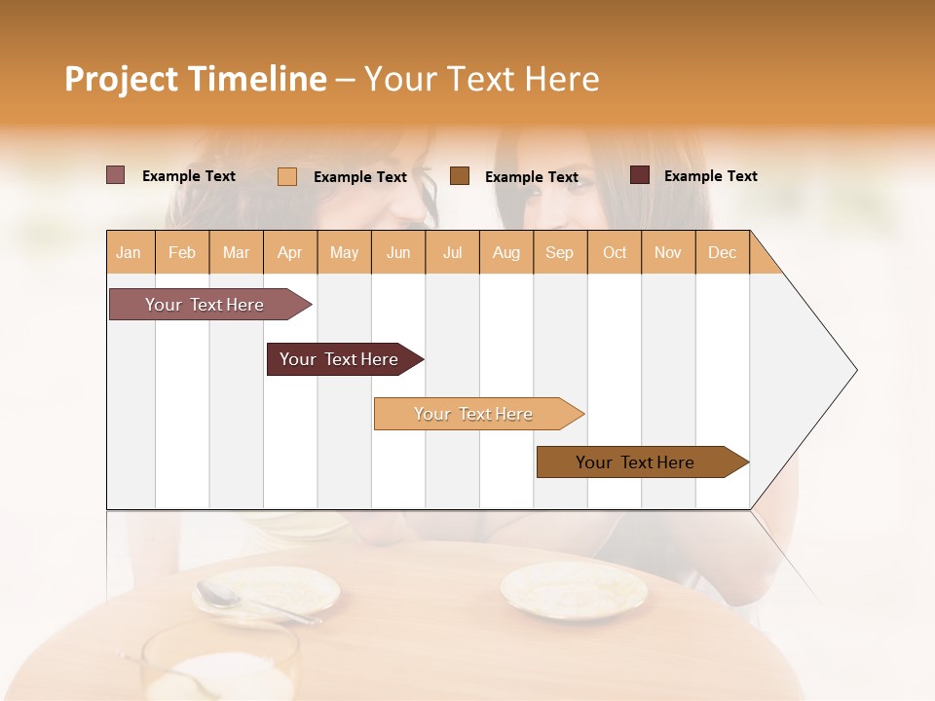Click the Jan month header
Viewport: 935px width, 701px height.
coord(130,252)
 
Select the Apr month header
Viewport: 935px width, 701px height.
coord(290,252)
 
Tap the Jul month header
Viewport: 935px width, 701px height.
coord(452,252)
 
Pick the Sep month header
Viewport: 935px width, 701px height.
coord(559,252)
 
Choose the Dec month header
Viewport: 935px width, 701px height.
coord(722,252)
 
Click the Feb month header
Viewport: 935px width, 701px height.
coord(182,252)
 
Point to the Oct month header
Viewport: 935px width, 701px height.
coord(615,252)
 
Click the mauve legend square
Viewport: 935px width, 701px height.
coord(116,175)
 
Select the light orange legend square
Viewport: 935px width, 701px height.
coord(287,176)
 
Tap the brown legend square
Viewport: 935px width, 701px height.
coord(460,175)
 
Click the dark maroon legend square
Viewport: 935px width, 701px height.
coord(640,175)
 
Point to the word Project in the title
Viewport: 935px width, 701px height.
coord(121,79)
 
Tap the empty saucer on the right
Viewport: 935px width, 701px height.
coord(574,589)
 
